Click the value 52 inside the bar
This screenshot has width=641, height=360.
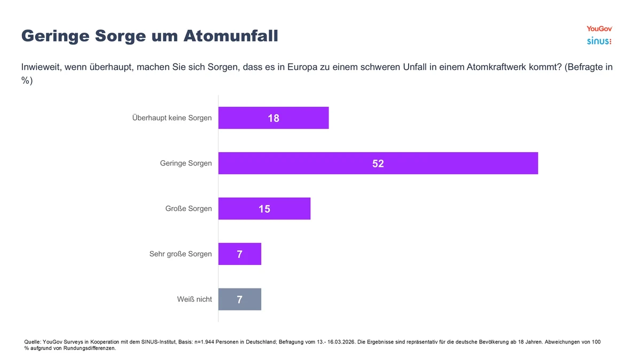coord(378,163)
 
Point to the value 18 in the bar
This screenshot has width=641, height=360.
coord(273,118)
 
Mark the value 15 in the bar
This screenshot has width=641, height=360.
coord(264,209)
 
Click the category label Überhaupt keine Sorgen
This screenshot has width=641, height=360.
coord(171,118)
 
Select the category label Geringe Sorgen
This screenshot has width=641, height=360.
coord(186,163)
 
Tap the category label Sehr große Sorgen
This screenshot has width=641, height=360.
coord(181,254)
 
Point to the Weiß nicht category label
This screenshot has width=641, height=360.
coord(194,300)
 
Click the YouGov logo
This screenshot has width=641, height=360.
coord(599,29)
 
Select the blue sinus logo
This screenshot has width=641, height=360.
coord(599,41)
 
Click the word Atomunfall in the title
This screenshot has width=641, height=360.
coord(231,36)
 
